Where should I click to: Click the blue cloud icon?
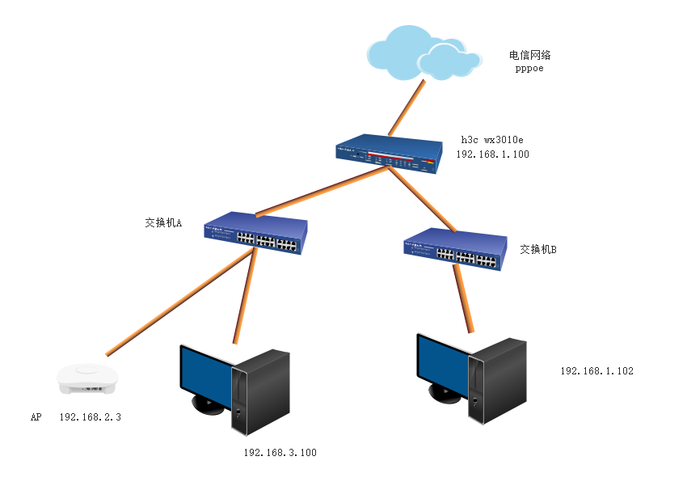[x=422, y=52]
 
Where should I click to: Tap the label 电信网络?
[x=529, y=56]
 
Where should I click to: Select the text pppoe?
[x=529, y=69]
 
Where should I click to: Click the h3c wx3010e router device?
[x=390, y=155]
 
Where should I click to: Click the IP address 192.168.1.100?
[x=492, y=154]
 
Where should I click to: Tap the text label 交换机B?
[x=538, y=250]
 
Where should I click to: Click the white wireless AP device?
[x=86, y=378]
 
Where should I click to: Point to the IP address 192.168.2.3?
[x=90, y=417]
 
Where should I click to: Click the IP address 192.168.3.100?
[x=280, y=453]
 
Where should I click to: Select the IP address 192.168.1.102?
[x=596, y=371]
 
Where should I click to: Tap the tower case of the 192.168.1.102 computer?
[x=498, y=380]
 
